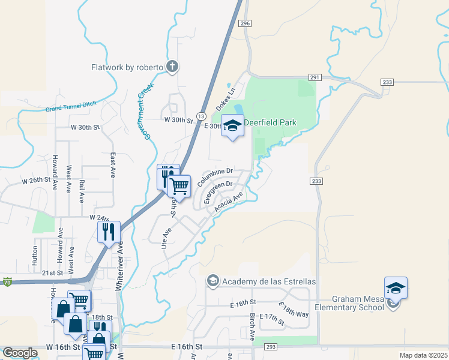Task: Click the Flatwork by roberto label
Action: [x=127, y=67]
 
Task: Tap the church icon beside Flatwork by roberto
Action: [x=172, y=67]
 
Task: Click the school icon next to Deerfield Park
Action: [x=232, y=125]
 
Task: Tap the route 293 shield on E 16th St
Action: [x=270, y=347]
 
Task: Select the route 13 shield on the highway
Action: [x=201, y=115]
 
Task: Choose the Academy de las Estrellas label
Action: [x=268, y=281]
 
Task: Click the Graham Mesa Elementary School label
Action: [x=358, y=304]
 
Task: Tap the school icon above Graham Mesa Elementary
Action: [x=396, y=289]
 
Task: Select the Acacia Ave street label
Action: [x=229, y=203]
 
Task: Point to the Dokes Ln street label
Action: [x=227, y=100]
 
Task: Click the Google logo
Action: [x=20, y=353]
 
